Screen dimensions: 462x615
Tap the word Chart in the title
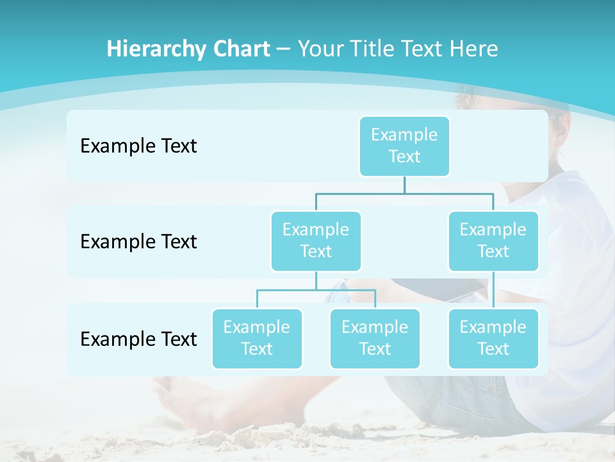click(239, 49)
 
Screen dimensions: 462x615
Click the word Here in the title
click(472, 49)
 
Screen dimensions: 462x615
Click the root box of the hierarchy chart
click(404, 146)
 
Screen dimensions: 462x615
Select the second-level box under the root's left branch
click(316, 241)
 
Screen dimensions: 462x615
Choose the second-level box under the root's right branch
click(493, 241)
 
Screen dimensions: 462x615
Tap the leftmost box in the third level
click(257, 338)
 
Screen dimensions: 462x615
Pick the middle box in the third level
click(375, 338)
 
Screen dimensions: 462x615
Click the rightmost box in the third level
click(493, 338)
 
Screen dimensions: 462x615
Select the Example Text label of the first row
click(138, 146)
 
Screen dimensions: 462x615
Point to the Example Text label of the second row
click(138, 242)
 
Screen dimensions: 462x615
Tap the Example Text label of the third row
click(138, 339)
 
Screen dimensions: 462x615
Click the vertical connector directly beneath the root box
click(404, 184)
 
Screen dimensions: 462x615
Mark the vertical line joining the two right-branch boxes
click(493, 290)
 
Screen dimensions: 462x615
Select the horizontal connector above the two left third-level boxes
click(316, 290)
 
